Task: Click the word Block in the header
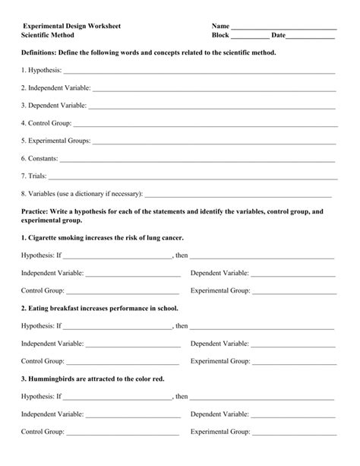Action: pos(220,36)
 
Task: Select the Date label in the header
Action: pos(279,36)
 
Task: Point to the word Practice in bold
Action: pos(36,211)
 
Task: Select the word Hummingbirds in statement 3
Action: pos(54,379)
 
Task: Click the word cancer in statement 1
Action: pos(172,238)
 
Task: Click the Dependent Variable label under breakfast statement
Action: pos(219,344)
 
